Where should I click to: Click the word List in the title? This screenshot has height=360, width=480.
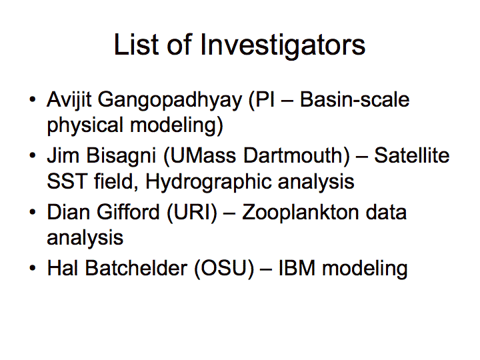pyautogui.click(x=136, y=45)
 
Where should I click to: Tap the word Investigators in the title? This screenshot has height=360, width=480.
pyautogui.click(x=283, y=46)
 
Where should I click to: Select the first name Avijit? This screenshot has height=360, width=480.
pyautogui.click(x=69, y=101)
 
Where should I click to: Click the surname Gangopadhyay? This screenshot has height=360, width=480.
pyautogui.click(x=170, y=101)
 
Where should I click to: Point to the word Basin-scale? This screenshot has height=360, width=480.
pyautogui.click(x=355, y=99)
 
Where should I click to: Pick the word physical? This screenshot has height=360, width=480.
pyautogui.click(x=85, y=126)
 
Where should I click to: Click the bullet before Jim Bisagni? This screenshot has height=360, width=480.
pyautogui.click(x=33, y=155)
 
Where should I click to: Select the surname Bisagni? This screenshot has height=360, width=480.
pyautogui.click(x=121, y=157)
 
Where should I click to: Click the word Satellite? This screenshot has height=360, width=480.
pyautogui.click(x=412, y=155)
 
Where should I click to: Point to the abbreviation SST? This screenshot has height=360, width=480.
pyautogui.click(x=67, y=181)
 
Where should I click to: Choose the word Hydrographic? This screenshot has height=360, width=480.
pyautogui.click(x=209, y=183)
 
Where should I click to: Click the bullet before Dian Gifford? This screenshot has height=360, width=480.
pyautogui.click(x=33, y=212)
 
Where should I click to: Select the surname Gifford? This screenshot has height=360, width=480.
pyautogui.click(x=129, y=211)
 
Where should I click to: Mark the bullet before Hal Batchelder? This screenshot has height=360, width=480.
pyautogui.click(x=33, y=268)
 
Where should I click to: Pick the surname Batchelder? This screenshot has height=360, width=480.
pyautogui.click(x=136, y=268)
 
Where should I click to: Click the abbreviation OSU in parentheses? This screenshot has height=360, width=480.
pyautogui.click(x=225, y=268)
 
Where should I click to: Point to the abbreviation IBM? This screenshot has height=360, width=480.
pyautogui.click(x=297, y=268)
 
